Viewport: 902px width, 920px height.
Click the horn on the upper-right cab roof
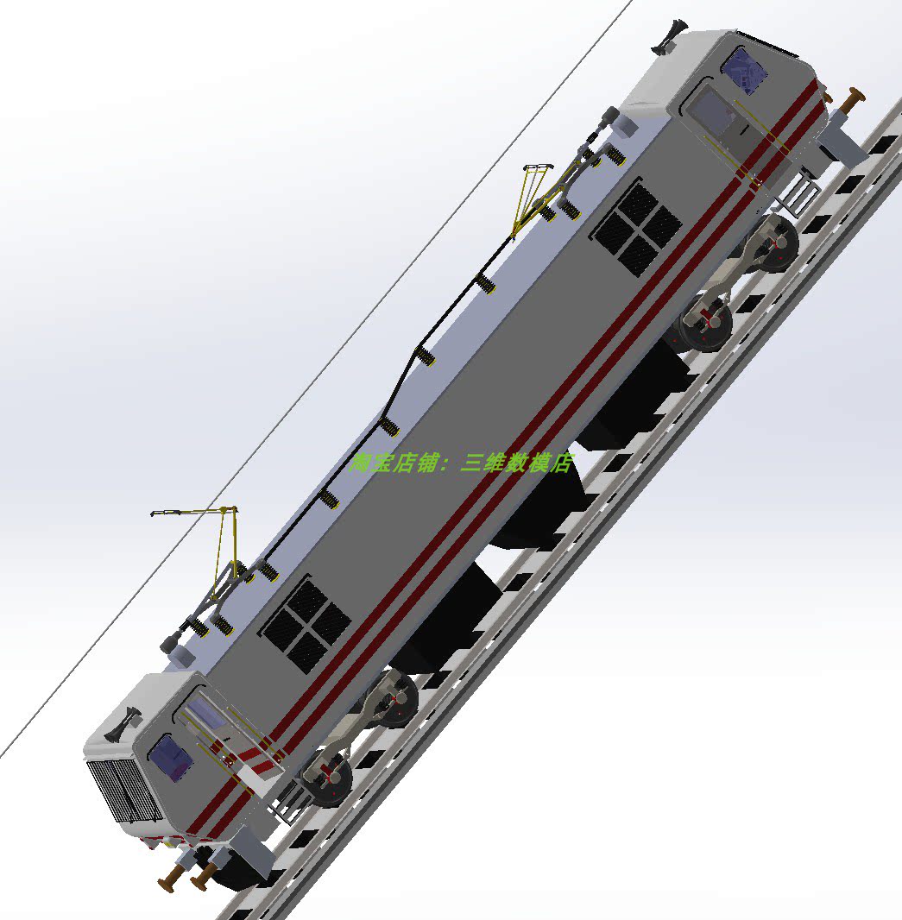(x=670, y=38)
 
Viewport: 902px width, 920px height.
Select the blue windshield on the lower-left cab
(x=170, y=759)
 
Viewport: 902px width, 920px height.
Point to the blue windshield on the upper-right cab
(x=745, y=69)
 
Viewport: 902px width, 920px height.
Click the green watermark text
(x=462, y=463)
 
